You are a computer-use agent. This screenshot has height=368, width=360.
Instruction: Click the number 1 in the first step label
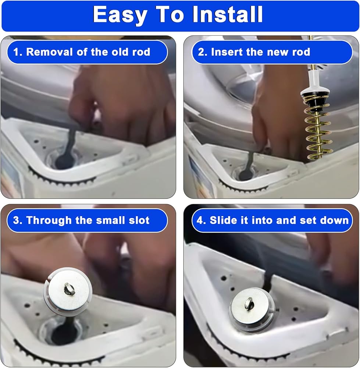(16, 52)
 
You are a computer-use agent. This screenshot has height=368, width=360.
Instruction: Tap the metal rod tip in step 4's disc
(249, 303)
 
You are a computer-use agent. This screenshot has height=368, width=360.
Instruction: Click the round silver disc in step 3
(68, 291)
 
